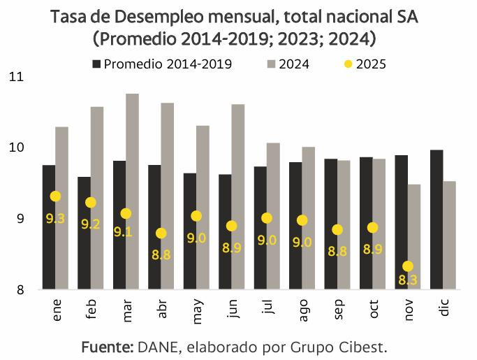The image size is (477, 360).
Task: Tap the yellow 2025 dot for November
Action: tap(408, 266)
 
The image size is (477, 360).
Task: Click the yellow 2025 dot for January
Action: tap(55, 196)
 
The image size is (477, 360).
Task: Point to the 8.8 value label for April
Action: tap(161, 254)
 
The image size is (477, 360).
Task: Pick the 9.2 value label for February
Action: tap(90, 224)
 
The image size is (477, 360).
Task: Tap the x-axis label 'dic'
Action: tap(444, 309)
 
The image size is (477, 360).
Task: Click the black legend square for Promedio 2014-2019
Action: tap(96, 64)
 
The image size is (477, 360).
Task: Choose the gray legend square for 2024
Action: tap(271, 64)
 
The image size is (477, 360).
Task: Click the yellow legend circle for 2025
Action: tap(348, 64)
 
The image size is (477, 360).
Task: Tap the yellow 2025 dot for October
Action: tap(372, 228)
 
